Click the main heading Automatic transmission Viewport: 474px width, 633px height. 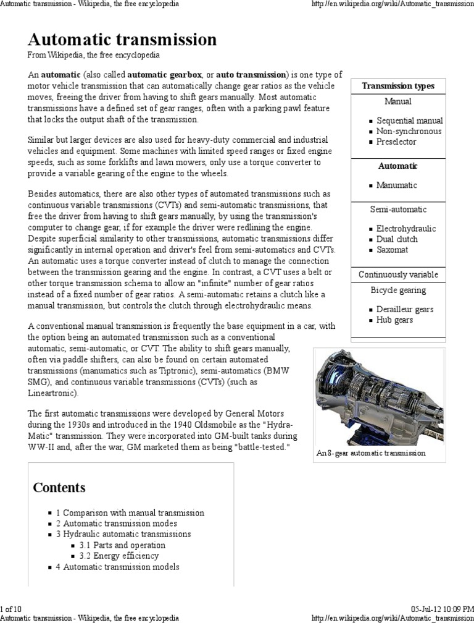[x=122, y=40]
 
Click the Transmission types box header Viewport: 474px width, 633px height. [x=397, y=86]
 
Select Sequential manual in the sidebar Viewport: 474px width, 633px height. [x=409, y=121]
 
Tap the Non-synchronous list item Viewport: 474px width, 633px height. [x=409, y=131]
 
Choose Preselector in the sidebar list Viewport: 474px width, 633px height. [x=396, y=142]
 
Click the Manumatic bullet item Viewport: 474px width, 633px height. [x=396, y=185]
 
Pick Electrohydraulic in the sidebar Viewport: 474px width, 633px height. [x=405, y=228]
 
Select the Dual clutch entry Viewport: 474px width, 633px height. [x=397, y=239]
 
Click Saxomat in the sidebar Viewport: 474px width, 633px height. [x=392, y=250]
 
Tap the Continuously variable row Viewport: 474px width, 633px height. [x=398, y=274]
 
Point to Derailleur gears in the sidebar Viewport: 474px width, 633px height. [x=405, y=309]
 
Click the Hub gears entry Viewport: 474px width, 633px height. [x=394, y=320]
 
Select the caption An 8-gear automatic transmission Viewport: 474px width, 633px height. [x=371, y=453]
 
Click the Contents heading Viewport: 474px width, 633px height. [x=59, y=488]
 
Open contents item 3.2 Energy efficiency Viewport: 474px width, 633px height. [x=119, y=556]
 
